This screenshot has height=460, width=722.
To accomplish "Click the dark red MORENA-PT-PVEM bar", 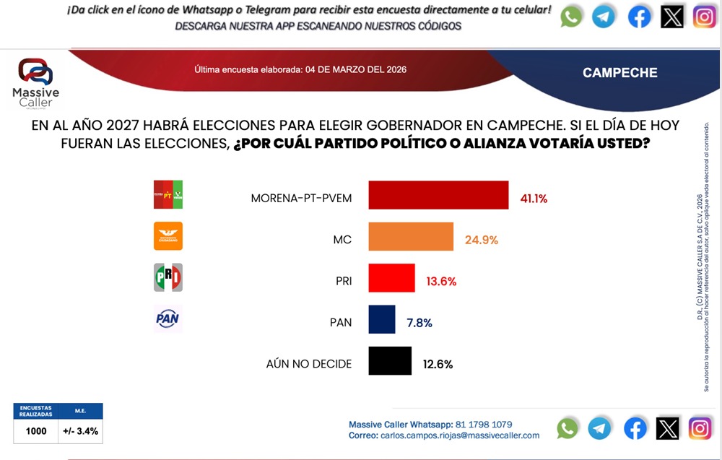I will (x=438, y=195).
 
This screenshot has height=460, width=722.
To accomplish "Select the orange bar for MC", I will (x=411, y=237).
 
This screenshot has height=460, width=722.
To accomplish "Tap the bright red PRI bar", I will (x=392, y=278).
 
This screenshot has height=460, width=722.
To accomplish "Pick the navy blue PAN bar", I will (x=382, y=319).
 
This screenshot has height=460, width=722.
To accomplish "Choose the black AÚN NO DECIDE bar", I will (x=390, y=361).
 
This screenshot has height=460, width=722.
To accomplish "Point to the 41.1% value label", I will (x=533, y=198).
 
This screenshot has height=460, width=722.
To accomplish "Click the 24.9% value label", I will (x=482, y=240).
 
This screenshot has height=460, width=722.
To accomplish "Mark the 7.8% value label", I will (x=419, y=323).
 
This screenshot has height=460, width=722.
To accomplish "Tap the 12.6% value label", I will (x=438, y=365).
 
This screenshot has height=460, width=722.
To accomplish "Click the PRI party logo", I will (x=168, y=278).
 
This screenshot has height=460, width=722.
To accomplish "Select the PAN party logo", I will (x=168, y=318).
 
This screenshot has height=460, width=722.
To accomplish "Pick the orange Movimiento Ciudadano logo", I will (x=168, y=236).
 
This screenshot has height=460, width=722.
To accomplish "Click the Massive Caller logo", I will (x=36, y=82).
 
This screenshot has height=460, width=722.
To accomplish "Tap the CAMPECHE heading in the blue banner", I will (x=619, y=73).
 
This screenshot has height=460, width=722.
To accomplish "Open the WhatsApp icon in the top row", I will (x=571, y=17).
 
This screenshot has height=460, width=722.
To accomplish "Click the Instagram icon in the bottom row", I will (x=700, y=428).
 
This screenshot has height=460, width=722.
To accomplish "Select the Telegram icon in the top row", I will (x=604, y=17).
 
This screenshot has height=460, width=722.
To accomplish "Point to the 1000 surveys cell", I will (x=36, y=431).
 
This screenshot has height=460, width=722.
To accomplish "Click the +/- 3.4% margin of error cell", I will (x=81, y=431).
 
